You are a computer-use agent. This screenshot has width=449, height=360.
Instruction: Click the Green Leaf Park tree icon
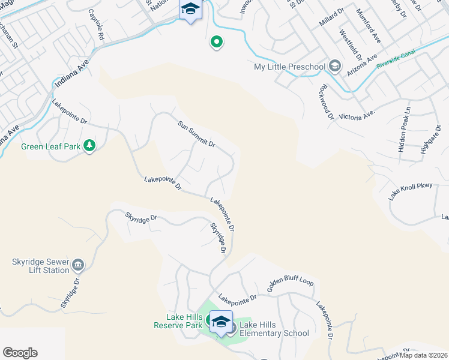[89, 146]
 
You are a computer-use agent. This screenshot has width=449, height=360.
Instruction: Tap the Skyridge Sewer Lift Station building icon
[79, 265]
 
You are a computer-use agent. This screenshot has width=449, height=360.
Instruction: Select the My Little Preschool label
[289, 66]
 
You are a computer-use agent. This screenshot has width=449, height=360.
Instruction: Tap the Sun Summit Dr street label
[196, 134]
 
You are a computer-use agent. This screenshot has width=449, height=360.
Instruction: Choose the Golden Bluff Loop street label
[291, 288]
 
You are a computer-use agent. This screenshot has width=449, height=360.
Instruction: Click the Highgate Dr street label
[431, 140]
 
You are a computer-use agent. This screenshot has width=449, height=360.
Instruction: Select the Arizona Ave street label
[362, 65]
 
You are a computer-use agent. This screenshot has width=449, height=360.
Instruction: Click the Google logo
[20, 353]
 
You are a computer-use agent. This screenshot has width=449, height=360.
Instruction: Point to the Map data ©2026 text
[424, 355]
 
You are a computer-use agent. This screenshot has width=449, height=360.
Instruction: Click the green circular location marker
[216, 42]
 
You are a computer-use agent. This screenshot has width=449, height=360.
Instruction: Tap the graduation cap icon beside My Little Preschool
[335, 66]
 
